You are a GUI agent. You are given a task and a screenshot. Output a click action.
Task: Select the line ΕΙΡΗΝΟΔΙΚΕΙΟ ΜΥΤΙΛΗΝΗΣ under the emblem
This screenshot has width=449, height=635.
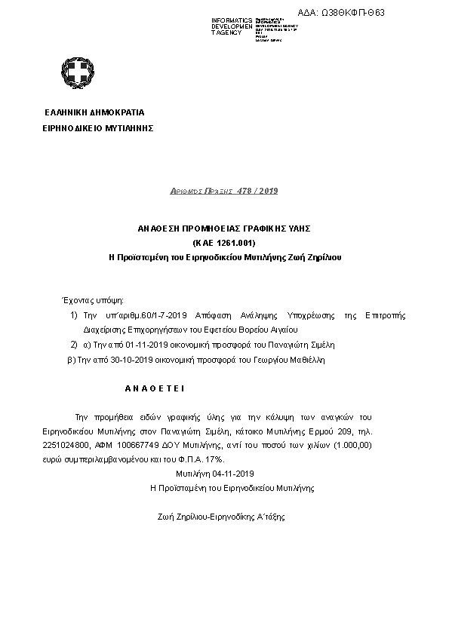(x=99, y=128)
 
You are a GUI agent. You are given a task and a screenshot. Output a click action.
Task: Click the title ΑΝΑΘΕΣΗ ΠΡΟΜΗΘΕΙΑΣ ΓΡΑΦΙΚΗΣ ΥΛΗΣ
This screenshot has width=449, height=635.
(x=224, y=227)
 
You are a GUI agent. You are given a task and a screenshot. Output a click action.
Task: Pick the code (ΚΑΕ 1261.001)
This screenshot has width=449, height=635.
(x=225, y=242)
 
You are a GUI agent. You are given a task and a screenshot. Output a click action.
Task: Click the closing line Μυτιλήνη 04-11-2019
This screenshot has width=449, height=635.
(x=215, y=473)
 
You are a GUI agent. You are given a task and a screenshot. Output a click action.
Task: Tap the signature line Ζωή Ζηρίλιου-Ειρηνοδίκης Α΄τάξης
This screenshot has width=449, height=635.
(x=221, y=517)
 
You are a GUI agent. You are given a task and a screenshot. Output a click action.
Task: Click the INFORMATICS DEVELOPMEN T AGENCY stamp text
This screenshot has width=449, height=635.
(x=232, y=26)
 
